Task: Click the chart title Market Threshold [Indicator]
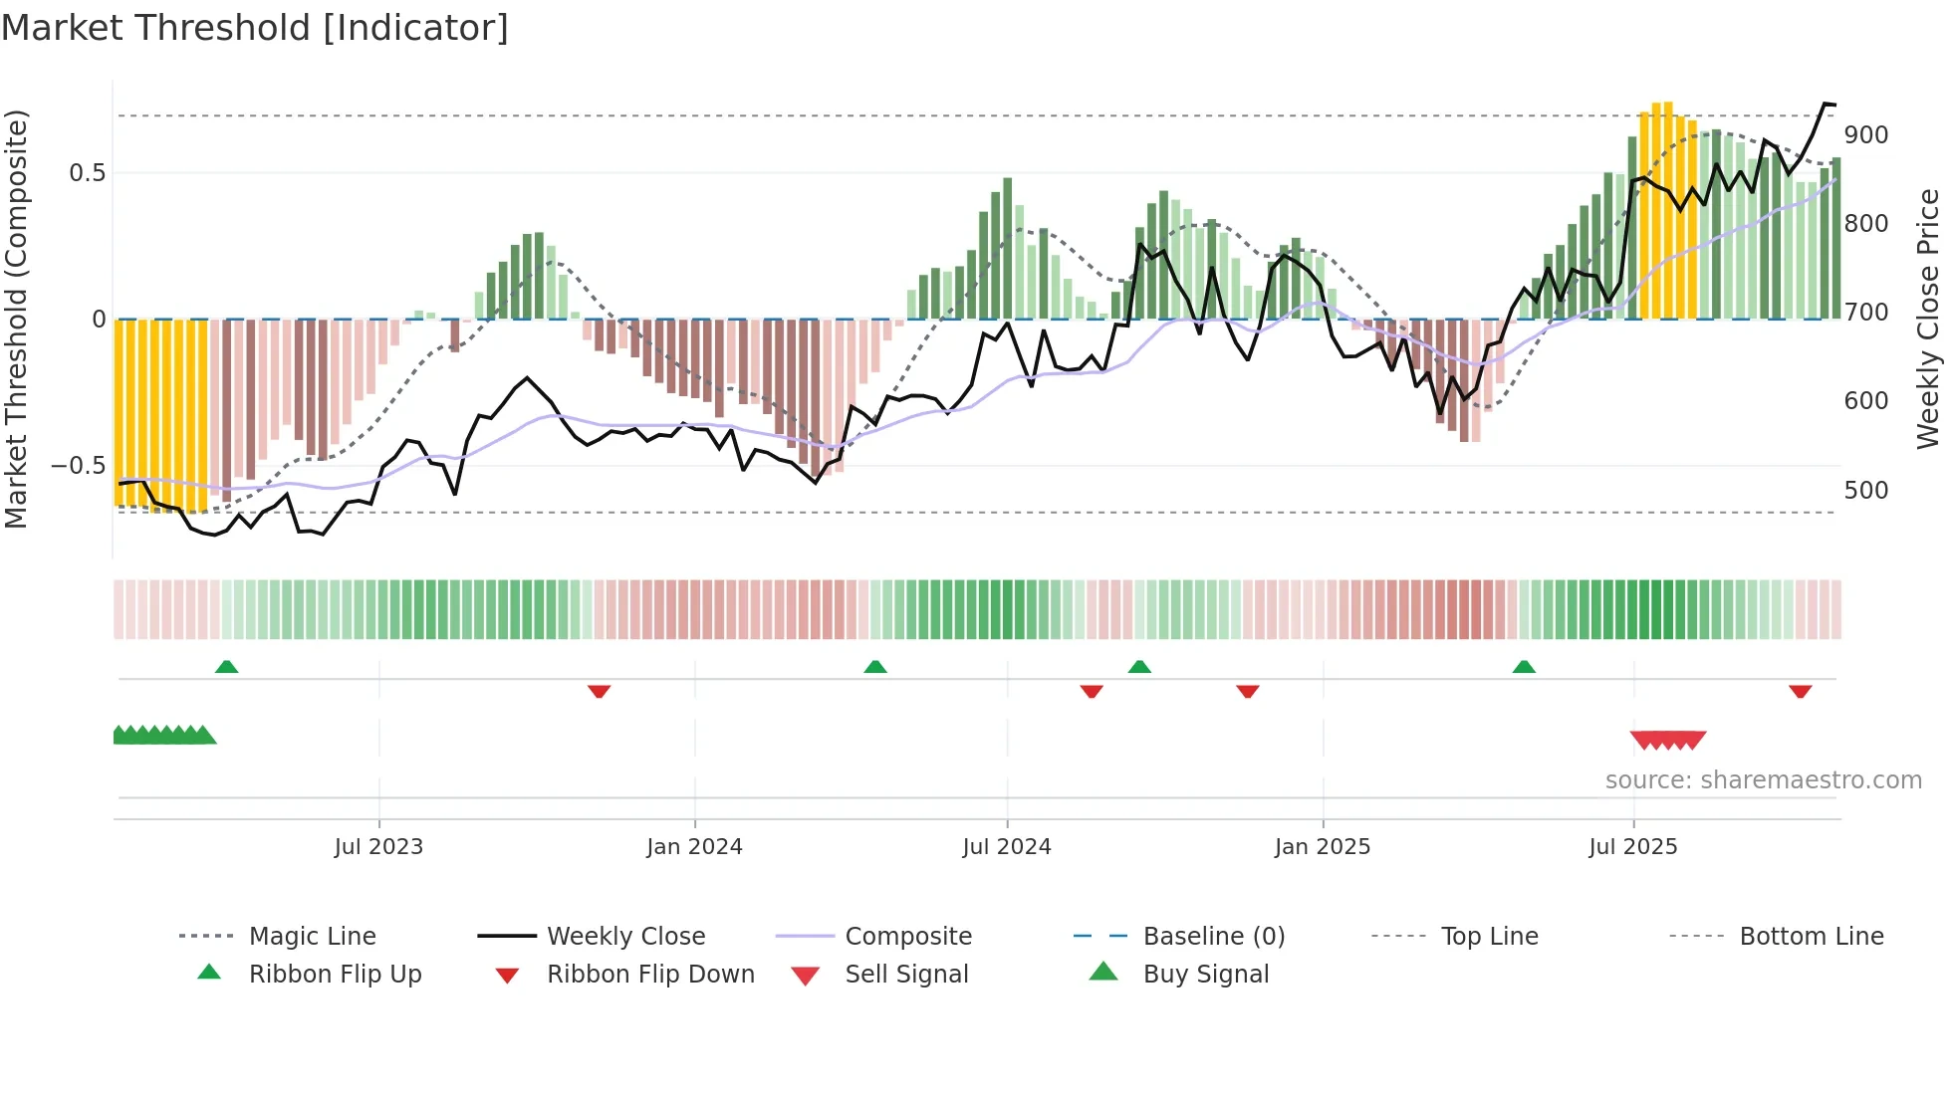click(x=255, y=28)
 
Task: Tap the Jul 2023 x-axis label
click(x=378, y=847)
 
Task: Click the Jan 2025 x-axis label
click(x=1323, y=847)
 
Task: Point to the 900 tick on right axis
click(x=1865, y=135)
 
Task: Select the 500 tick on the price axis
click(x=1865, y=491)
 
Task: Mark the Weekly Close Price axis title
click(x=1928, y=319)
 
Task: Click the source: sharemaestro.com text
click(x=1763, y=780)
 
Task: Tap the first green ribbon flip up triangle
click(x=226, y=667)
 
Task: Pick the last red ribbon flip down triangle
click(x=1800, y=691)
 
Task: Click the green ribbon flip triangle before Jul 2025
click(x=1524, y=667)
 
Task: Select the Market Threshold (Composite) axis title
click(x=16, y=319)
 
